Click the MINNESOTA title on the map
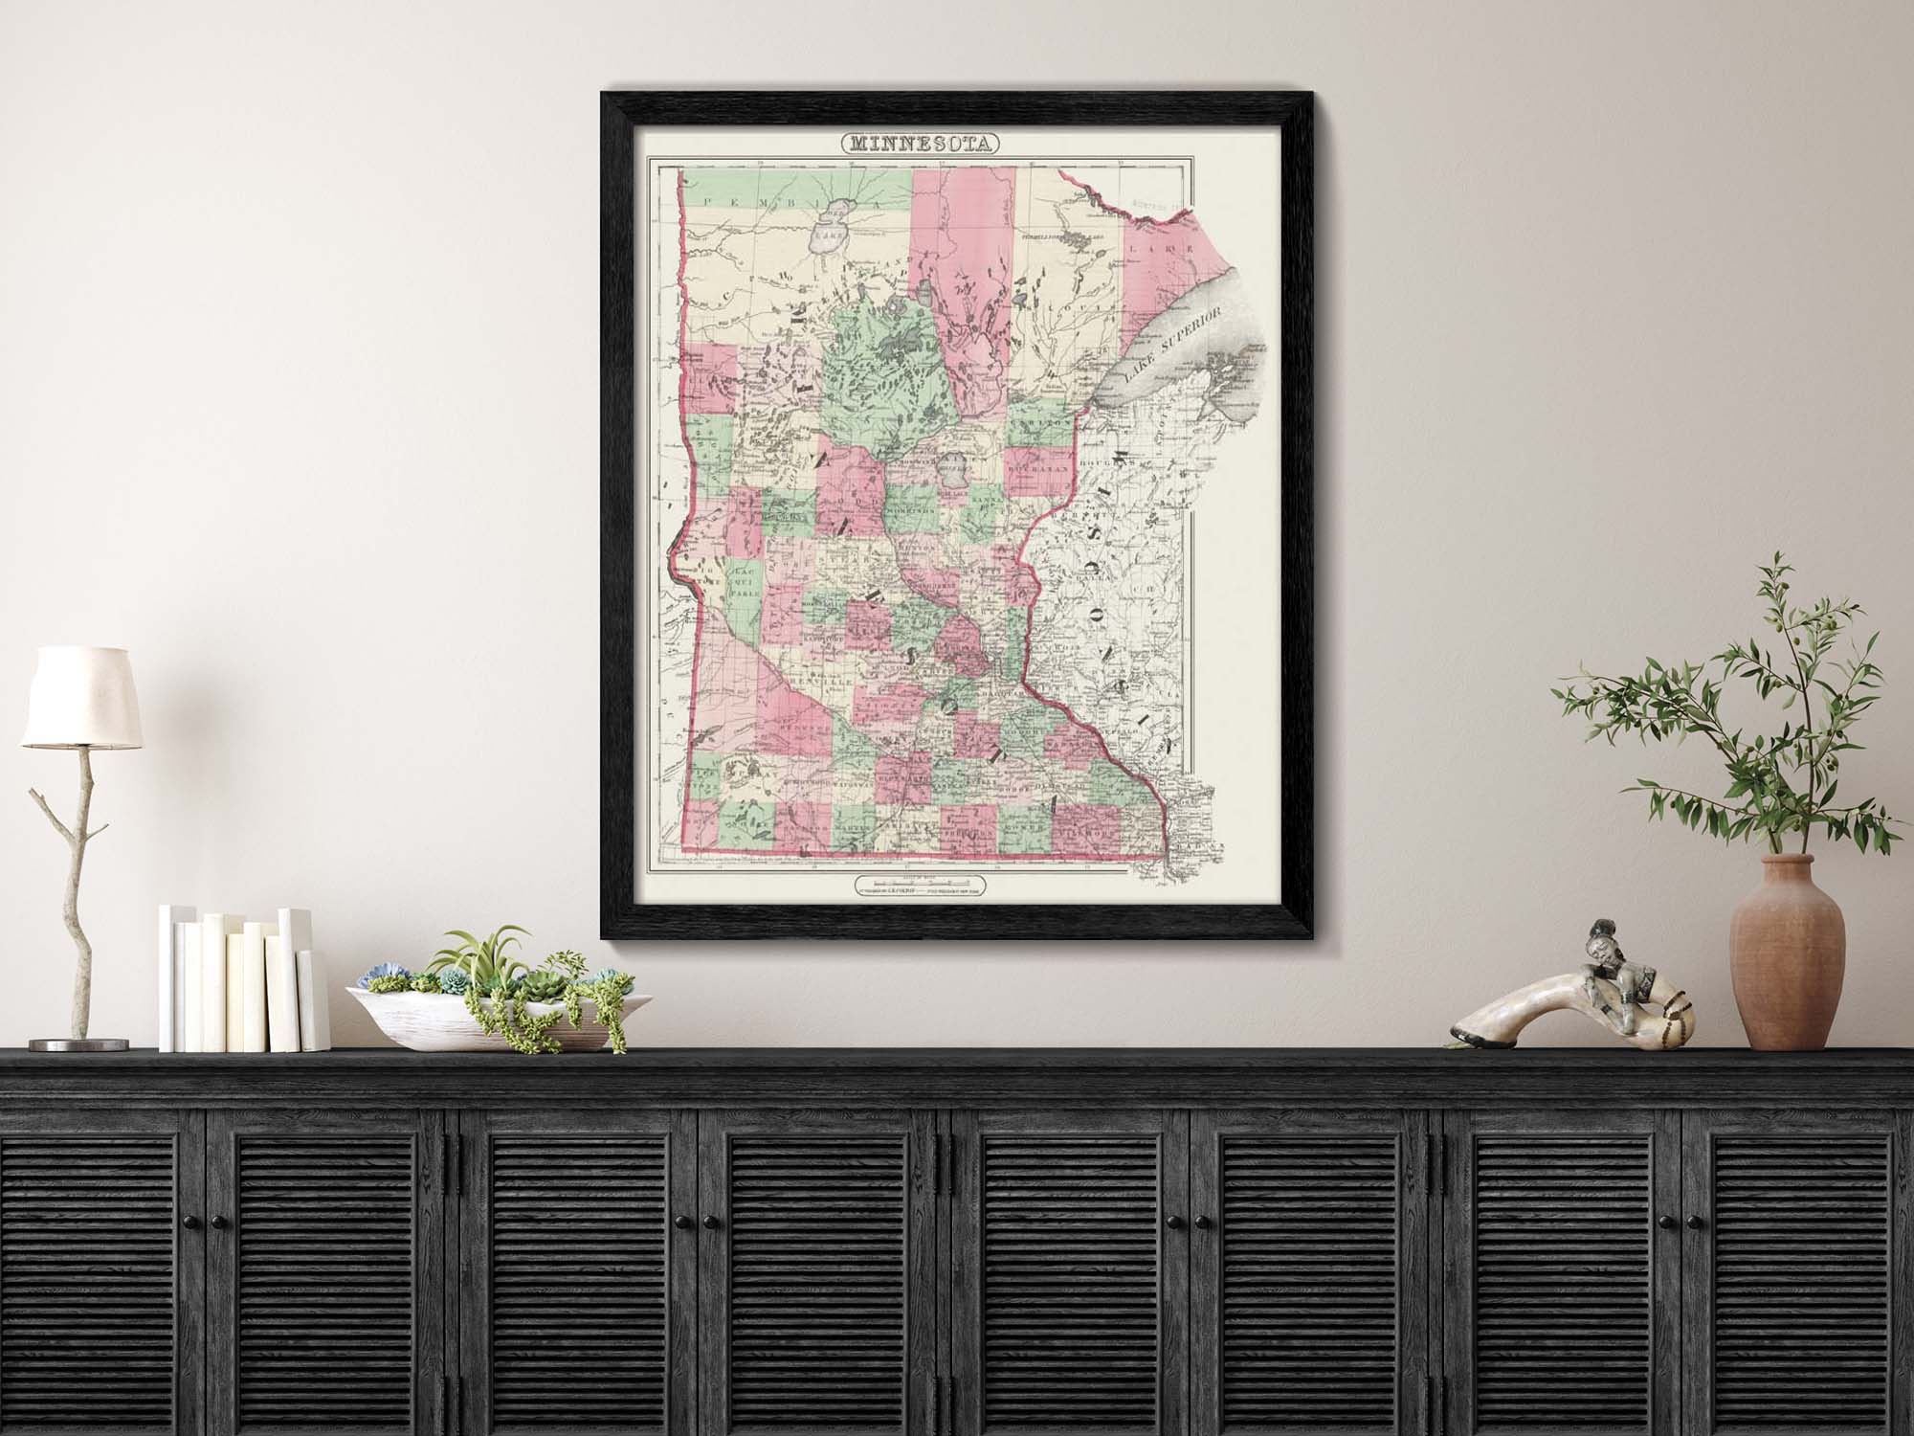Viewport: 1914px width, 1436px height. point(920,146)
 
